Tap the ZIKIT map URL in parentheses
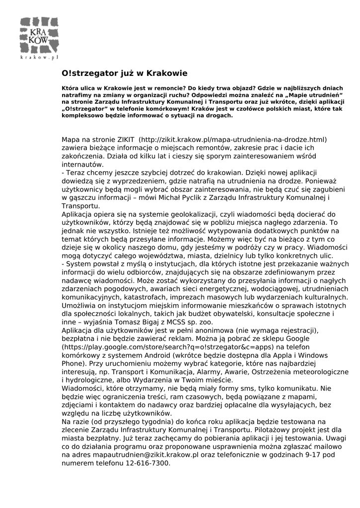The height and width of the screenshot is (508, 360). pyautogui.click(x=232, y=140)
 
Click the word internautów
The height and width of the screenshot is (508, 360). pyautogui.click(x=83, y=165)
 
